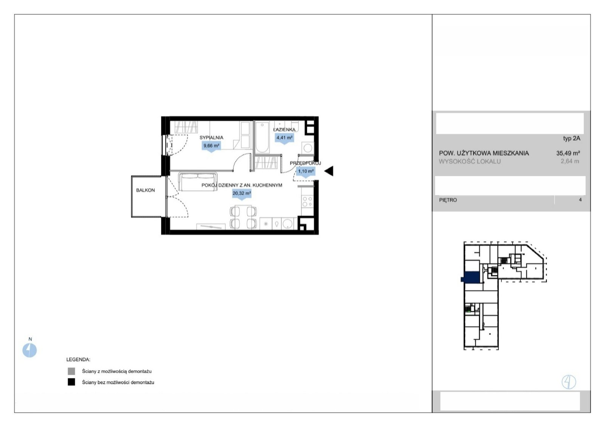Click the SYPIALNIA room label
211,138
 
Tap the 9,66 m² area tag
211,146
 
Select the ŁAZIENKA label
284,130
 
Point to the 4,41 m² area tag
284,138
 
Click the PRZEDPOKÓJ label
305,163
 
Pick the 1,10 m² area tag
306,171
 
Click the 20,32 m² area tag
242,193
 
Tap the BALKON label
145,190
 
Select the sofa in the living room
198,181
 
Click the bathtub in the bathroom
262,137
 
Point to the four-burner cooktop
307,201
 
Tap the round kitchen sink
288,224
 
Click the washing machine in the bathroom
308,148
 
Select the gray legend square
71,371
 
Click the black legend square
71,382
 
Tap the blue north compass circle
29,350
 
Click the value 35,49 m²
568,153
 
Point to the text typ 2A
571,139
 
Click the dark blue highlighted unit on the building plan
471,277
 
